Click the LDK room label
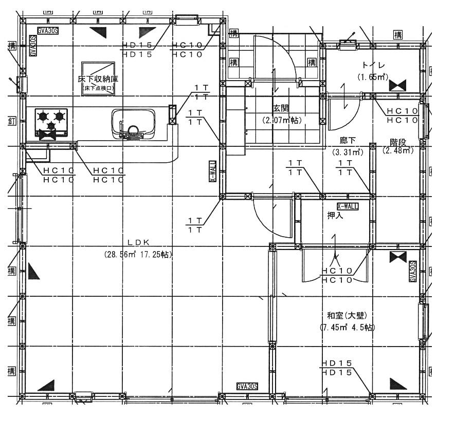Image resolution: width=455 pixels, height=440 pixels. pos(138,242)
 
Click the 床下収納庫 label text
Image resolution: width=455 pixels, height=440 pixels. pos(98,80)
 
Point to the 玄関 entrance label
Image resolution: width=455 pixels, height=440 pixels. pos(281,109)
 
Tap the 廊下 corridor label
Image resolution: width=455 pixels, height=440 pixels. pos(348,140)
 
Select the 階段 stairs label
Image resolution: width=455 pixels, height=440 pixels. pos(398,142)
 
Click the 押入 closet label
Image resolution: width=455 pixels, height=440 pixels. pos(335,215)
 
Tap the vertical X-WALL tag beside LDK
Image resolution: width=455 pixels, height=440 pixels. pos(212,171)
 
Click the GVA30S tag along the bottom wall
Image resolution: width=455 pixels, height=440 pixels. pos(247,386)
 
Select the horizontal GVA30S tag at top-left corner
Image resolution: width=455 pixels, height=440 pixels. pos(48,30)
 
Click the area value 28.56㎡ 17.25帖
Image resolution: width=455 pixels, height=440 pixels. pos(138,254)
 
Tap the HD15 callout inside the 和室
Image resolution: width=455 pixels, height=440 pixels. pos(337,368)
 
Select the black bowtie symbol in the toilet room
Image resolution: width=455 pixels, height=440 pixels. pos(397,85)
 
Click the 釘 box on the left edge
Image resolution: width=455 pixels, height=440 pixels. pos(11,121)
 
